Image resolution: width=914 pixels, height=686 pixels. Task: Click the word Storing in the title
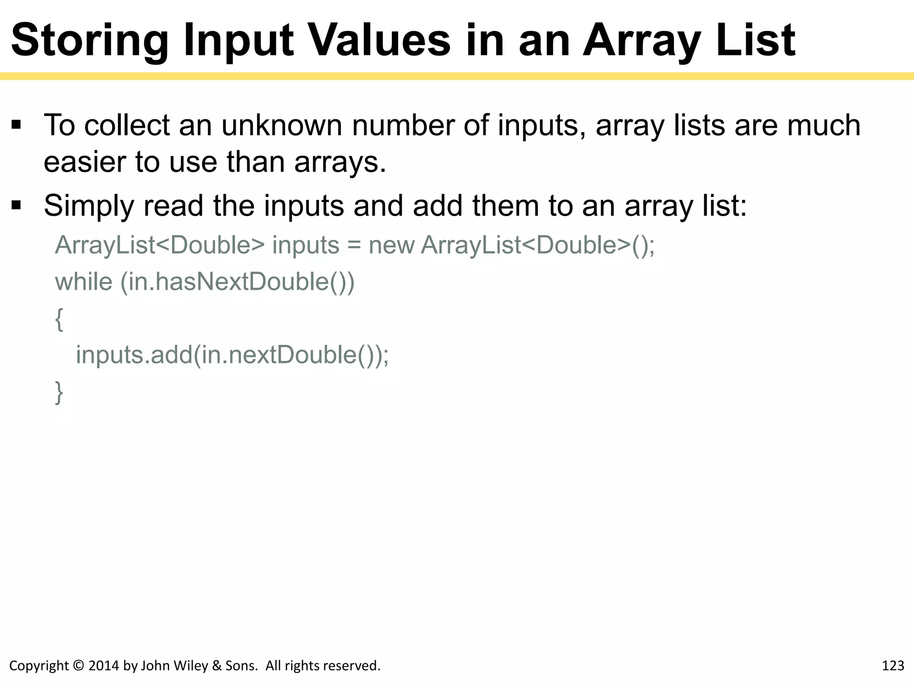pyautogui.click(x=89, y=41)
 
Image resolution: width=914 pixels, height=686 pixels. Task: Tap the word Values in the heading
pyautogui.click(x=379, y=41)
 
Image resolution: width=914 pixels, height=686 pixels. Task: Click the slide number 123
pyautogui.click(x=893, y=666)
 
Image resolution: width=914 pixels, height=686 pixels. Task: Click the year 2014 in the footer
pyautogui.click(x=104, y=666)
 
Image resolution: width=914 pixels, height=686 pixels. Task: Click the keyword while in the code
pyautogui.click(x=83, y=282)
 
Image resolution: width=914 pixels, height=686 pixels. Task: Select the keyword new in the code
pyautogui.click(x=391, y=245)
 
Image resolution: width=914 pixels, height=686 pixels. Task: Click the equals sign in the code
pyautogui.click(x=354, y=246)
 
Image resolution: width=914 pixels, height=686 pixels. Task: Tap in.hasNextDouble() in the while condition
pyautogui.click(x=237, y=282)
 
